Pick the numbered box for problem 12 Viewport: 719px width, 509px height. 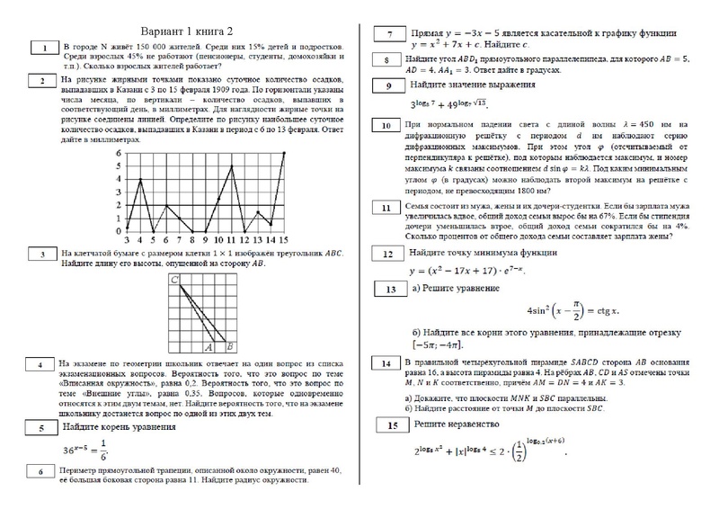pos(389,254)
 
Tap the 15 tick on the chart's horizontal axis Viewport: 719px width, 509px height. pos(283,240)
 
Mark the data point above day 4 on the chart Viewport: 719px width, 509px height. pos(141,180)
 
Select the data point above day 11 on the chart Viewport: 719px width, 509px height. pos(232,167)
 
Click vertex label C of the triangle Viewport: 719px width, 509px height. pos(173,281)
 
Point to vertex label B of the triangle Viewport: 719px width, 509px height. pos(231,345)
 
